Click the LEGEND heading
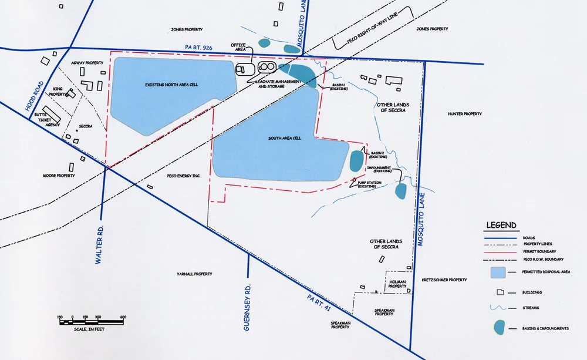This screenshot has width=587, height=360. point(501,225)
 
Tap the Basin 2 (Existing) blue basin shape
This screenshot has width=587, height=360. point(356,161)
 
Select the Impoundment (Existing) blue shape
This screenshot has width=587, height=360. point(401,191)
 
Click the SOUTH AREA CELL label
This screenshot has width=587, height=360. point(285,138)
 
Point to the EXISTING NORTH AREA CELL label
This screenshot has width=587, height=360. point(171,85)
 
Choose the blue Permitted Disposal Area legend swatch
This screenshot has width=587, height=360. point(498,272)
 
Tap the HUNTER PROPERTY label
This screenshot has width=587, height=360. point(464,114)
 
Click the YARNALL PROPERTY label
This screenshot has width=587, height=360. point(194,274)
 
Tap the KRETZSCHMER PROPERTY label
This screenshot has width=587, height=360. point(444,280)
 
